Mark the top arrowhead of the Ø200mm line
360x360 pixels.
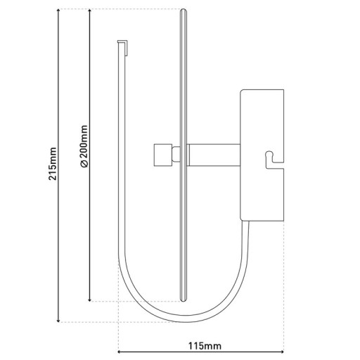[x=90, y=11]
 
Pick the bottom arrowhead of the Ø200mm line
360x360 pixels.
[x=90, y=300]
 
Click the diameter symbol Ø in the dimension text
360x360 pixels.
[x=84, y=165]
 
